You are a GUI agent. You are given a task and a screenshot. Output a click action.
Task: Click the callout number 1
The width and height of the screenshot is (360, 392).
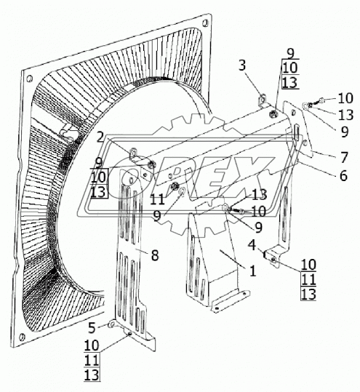click(253, 271)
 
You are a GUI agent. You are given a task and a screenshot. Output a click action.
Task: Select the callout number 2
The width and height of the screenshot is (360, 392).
click(100, 137)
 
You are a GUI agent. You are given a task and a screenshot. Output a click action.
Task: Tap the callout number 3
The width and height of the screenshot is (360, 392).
click(242, 65)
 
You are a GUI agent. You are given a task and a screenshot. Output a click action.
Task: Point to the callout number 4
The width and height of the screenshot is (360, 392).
click(252, 245)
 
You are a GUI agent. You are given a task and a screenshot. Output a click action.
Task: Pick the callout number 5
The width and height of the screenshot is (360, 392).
click(92, 328)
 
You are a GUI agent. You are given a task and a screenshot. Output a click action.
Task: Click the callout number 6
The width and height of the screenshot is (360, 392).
click(343, 175)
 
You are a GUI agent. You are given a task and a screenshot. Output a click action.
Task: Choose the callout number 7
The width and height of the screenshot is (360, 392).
click(344, 158)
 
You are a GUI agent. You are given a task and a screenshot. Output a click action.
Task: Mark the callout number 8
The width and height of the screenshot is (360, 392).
click(155, 255)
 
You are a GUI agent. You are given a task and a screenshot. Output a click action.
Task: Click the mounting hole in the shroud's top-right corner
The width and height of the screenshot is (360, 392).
click(205, 24)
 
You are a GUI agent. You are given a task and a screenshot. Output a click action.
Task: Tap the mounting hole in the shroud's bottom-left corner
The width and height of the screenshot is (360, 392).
click(22, 337)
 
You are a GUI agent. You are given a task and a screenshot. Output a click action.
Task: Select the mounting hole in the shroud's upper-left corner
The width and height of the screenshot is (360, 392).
click(29, 79)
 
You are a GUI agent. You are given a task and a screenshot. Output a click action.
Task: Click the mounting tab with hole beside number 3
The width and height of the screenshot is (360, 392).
click(262, 100)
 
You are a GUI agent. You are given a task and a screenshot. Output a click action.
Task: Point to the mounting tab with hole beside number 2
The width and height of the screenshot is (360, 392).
click(134, 153)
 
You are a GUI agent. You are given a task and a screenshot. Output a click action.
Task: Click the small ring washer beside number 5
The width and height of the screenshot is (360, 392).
click(111, 325)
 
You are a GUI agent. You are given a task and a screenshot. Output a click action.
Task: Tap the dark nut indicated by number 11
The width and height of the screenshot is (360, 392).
click(174, 186)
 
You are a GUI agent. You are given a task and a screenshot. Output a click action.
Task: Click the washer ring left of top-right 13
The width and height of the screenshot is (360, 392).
click(305, 106)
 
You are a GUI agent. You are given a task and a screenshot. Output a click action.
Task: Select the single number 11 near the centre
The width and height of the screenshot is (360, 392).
click(157, 199)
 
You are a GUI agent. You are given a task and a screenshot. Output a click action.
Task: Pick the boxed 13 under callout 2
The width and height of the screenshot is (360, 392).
click(99, 192)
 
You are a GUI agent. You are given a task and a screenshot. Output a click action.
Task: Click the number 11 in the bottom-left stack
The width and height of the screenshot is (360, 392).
click(92, 361)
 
